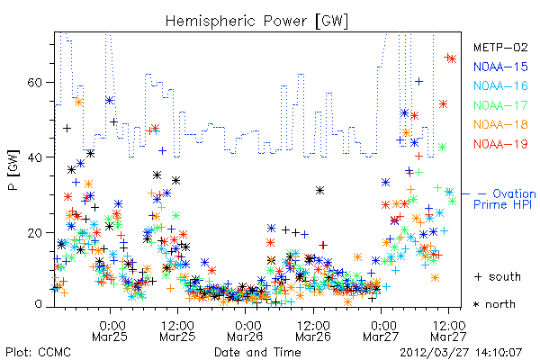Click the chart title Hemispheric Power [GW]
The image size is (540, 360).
coord(256,21)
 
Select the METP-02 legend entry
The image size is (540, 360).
coord(500,47)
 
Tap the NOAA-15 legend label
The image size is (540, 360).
coord(500,67)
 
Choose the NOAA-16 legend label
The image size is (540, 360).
coord(500,85)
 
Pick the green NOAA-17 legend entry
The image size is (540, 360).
coord(500,105)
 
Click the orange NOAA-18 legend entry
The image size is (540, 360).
coord(500,124)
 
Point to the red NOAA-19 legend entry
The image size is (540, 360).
coord(500,144)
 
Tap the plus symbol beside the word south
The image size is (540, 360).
coord(478,276)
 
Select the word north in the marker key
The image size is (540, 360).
coord(500,304)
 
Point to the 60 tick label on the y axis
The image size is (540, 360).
coord(34,83)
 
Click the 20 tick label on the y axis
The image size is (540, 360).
coord(34,233)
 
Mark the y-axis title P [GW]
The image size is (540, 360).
coord(13,170)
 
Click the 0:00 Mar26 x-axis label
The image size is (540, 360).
coord(245,330)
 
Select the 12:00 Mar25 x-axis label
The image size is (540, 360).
coord(177,330)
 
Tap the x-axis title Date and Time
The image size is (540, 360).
coord(257,352)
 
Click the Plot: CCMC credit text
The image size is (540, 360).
coord(38,352)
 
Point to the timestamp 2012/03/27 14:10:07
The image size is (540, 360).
coord(461,353)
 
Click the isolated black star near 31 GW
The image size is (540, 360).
coord(319,190)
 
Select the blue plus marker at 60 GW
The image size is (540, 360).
coord(418,82)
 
